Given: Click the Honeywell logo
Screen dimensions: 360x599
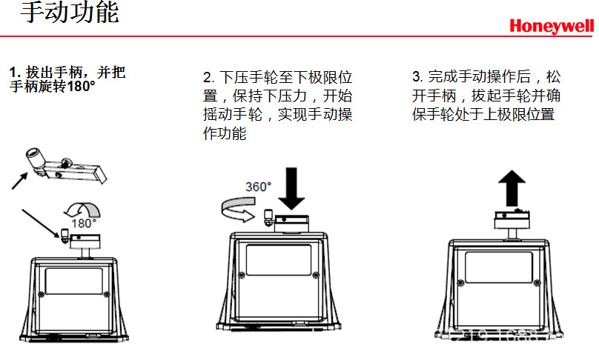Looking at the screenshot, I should coord(552,27).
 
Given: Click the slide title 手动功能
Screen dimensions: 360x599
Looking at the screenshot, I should coord(70,13).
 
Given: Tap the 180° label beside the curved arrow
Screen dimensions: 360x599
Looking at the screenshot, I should coord(84,222).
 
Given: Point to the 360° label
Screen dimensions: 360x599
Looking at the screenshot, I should coord(259,187).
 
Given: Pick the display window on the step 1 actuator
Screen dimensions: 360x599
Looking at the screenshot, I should coord(73,281).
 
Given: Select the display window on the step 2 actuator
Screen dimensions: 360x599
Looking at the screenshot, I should coord(279,260).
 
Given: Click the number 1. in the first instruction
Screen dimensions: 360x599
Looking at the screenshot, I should coord(14,73).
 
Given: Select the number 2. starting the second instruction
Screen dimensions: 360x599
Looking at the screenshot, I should coord(208,78).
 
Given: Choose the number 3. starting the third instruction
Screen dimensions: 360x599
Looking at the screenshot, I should coord(417,76).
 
